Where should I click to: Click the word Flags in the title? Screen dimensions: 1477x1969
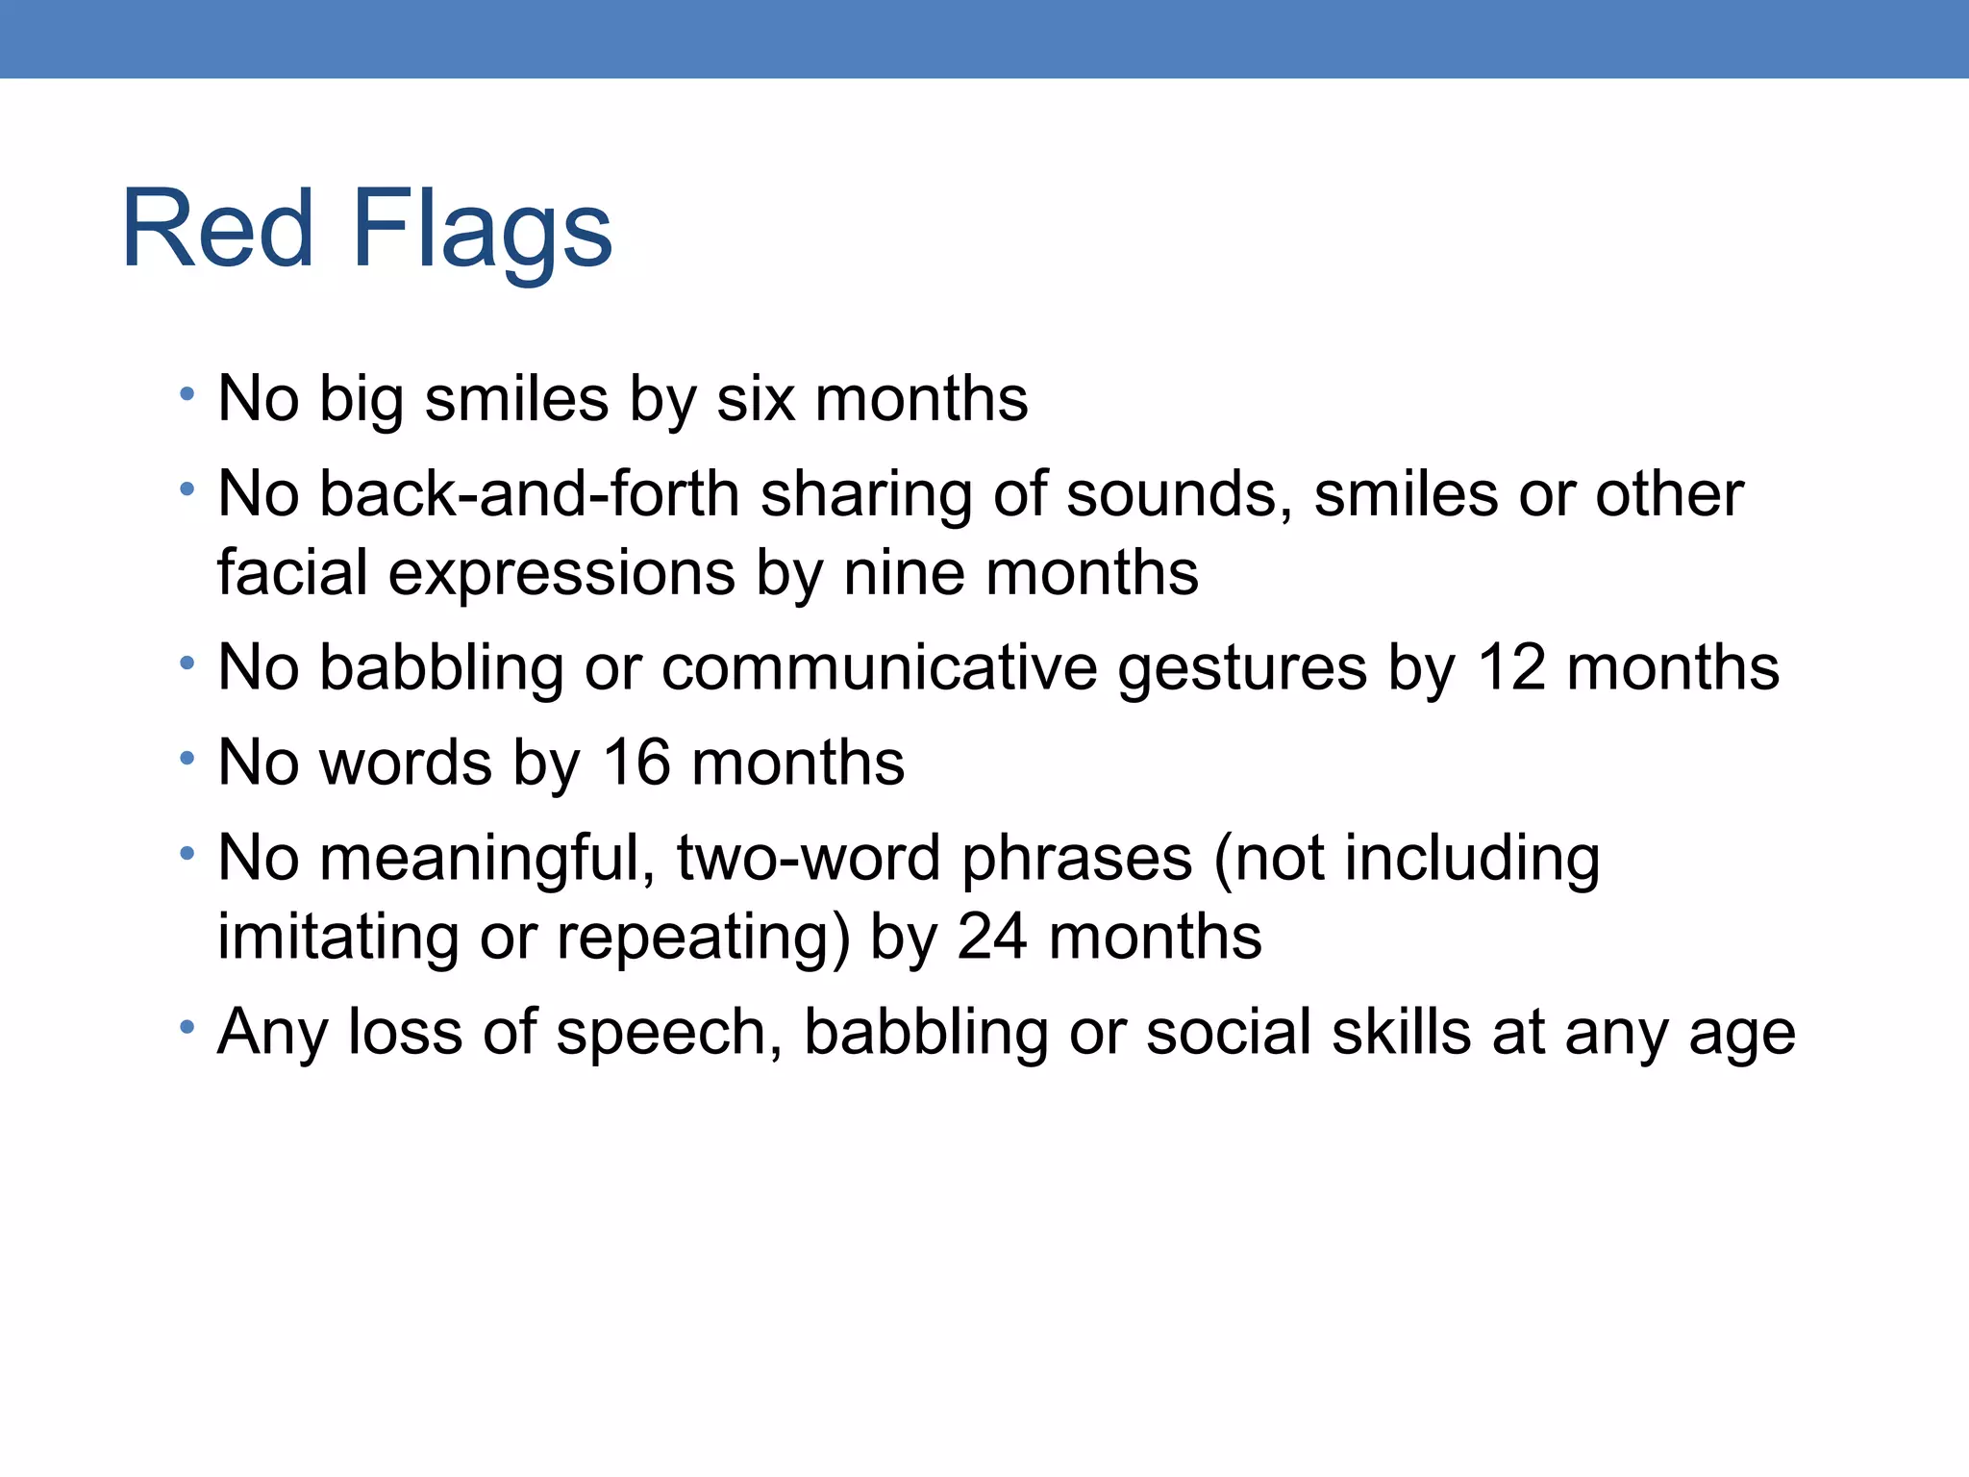coord(482,231)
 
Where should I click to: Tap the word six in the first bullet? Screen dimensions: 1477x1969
coord(756,398)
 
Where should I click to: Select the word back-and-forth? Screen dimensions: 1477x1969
coord(529,494)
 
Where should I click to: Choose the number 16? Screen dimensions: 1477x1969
coord(636,763)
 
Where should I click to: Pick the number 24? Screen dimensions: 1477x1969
coord(991,937)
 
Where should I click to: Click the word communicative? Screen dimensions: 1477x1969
coord(879,667)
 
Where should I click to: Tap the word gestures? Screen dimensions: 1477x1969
coord(1241,669)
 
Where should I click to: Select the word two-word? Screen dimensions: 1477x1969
coord(809,858)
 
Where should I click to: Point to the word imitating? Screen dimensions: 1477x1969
coord(337,938)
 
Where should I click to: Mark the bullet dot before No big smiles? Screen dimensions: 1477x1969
coord(187,394)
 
